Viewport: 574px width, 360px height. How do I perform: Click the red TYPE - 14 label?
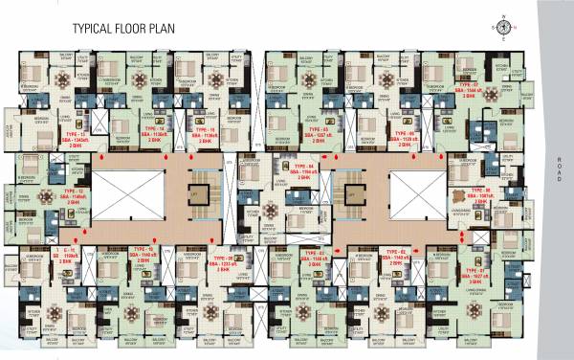click(152, 128)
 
